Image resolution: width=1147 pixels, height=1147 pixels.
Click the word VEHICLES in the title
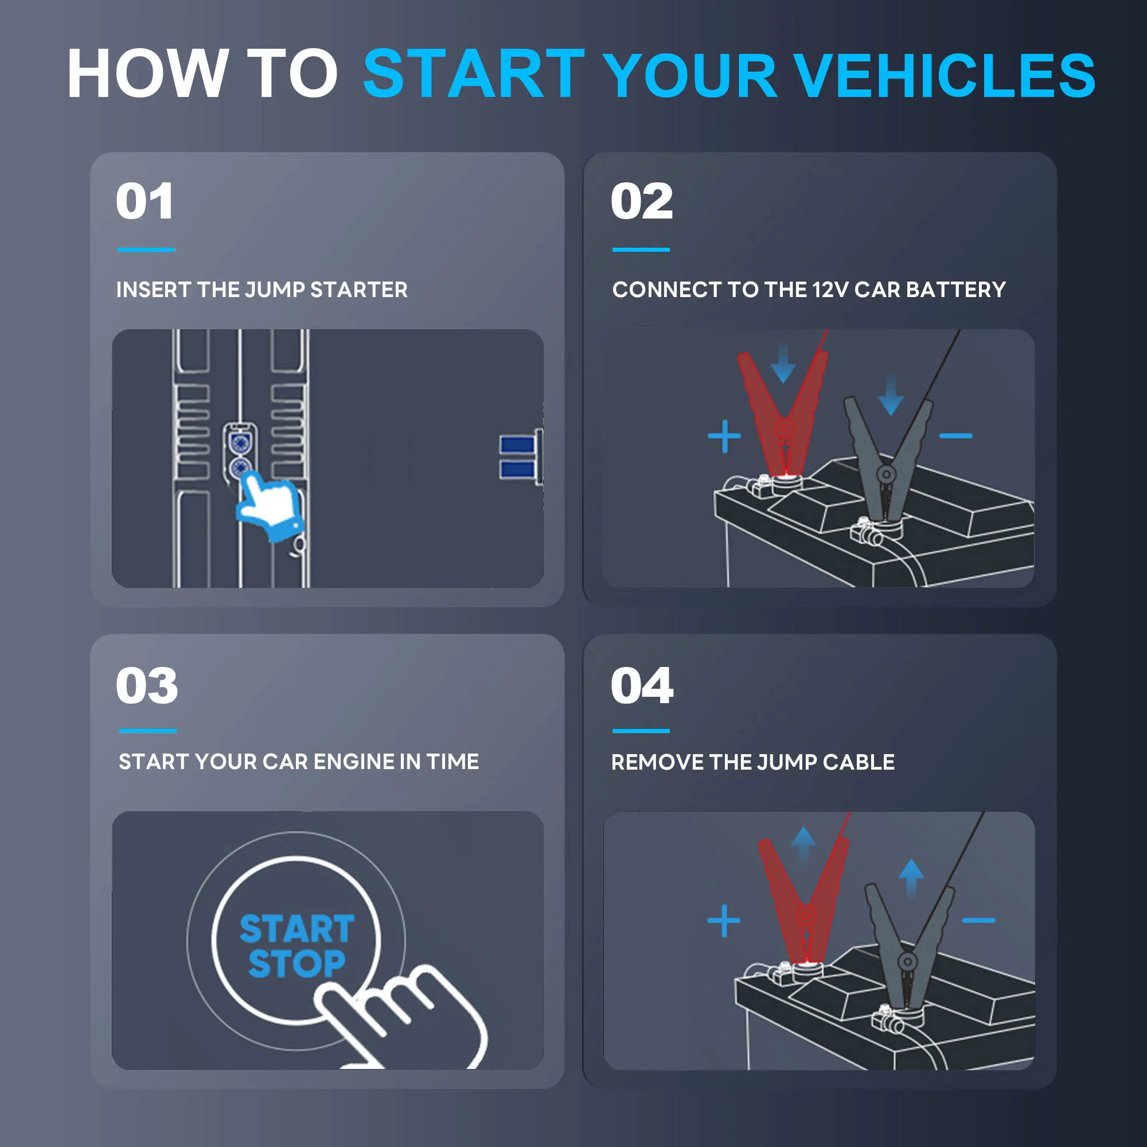944,75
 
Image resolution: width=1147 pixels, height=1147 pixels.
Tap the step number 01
145,202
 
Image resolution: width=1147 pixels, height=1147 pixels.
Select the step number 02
642,202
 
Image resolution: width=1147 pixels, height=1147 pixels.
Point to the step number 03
147,686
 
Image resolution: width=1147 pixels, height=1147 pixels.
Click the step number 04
642,686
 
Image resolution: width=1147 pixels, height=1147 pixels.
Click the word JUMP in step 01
275,290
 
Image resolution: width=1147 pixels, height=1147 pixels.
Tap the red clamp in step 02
782,409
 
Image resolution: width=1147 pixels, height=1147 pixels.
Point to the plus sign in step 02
724,436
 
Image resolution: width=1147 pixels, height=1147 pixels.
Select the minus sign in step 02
956,436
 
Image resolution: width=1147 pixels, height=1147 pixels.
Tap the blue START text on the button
297,928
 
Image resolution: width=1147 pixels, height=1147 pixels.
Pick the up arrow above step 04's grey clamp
911,877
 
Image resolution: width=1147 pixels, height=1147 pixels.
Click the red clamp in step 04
804,896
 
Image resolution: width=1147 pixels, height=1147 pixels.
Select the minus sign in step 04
978,921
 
